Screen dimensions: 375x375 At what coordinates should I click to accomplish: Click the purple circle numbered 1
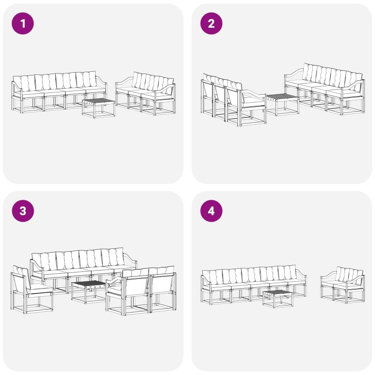(22, 23)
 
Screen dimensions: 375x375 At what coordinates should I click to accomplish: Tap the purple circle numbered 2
(211, 23)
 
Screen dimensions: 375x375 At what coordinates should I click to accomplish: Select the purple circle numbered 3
(22, 211)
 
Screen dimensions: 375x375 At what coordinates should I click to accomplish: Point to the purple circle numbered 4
(211, 211)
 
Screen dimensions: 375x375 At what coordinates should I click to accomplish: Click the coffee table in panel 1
(98, 108)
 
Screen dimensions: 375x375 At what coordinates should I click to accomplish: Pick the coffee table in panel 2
(283, 104)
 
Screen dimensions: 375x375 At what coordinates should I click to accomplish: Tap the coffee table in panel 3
(89, 292)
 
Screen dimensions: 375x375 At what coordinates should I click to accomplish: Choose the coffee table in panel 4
(277, 299)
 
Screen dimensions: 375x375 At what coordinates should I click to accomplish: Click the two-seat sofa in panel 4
(343, 285)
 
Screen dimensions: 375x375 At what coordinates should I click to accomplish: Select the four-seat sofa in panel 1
(59, 91)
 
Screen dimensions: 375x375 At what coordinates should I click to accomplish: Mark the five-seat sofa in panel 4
(254, 285)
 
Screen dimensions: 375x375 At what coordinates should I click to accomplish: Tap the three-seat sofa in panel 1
(145, 93)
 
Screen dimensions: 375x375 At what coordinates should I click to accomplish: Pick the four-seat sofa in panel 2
(324, 89)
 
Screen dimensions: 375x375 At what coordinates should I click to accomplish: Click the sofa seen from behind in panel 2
(233, 100)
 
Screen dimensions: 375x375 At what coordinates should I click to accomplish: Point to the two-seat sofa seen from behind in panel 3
(141, 291)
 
